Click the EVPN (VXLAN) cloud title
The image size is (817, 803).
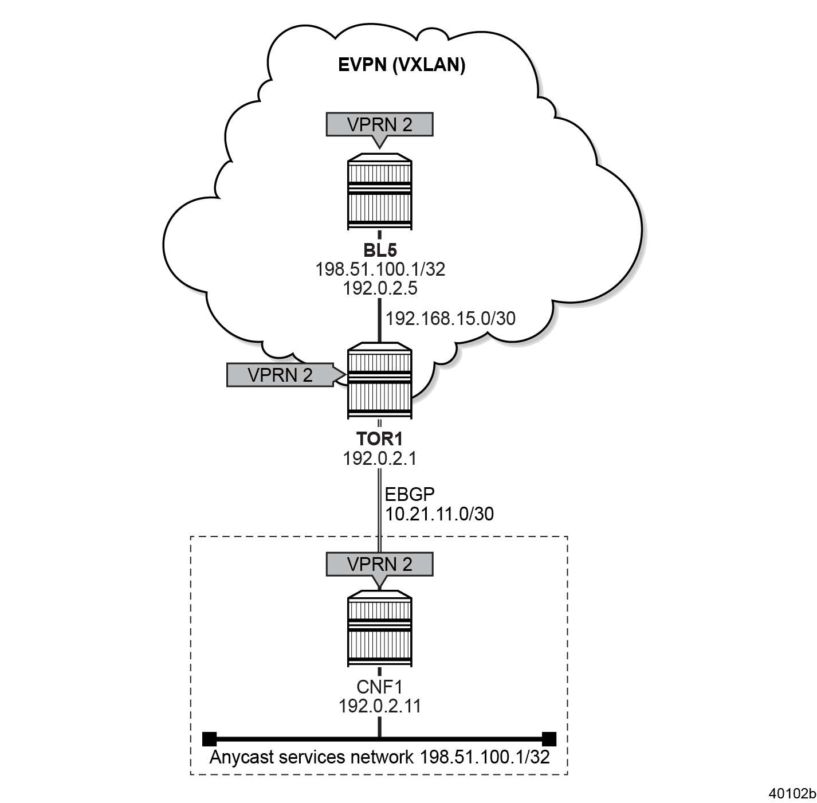[x=401, y=65]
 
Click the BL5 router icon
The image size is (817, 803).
[x=379, y=192]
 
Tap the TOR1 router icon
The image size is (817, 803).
[x=379, y=381]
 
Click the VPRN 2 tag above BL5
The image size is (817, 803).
[x=379, y=124]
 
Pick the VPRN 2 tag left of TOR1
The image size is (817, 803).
[x=280, y=375]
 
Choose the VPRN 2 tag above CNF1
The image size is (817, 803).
[x=379, y=564]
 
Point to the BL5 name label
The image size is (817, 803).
[x=380, y=250]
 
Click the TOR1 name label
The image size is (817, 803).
[x=379, y=440]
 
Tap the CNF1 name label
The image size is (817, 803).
[x=379, y=687]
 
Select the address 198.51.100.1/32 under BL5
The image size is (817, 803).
[x=380, y=269]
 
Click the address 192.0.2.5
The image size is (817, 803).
[x=380, y=288]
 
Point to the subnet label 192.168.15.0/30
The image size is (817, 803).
[x=450, y=319]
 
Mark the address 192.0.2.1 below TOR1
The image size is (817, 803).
[x=379, y=459]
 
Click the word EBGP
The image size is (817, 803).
[x=410, y=494]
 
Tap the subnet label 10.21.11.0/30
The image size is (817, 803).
[x=439, y=514]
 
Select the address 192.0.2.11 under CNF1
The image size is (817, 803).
[x=379, y=706]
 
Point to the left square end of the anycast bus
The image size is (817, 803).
[x=210, y=738]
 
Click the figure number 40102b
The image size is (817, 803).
[x=792, y=793]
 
